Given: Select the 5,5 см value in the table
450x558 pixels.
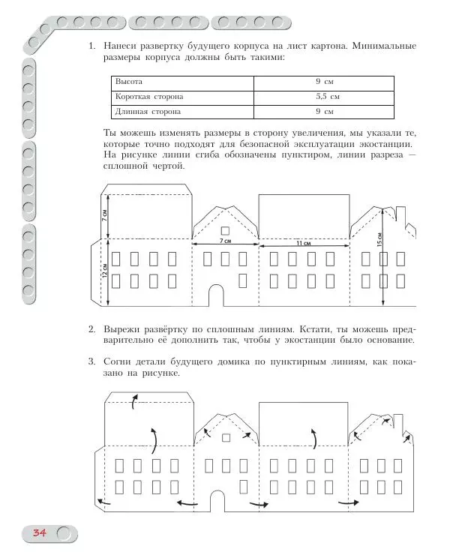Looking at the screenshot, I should pyautogui.click(x=328, y=97).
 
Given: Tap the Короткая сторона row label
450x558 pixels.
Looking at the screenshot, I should pyautogui.click(x=148, y=97).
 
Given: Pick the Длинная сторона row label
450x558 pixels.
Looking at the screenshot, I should pyautogui.click(x=147, y=112).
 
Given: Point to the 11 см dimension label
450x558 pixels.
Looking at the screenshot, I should pyautogui.click(x=303, y=244).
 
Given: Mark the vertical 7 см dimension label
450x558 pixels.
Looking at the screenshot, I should pyautogui.click(x=106, y=214).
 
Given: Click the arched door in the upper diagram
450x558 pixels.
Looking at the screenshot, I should pyautogui.click(x=215, y=295).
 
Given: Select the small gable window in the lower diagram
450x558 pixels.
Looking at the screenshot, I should pyautogui.click(x=224, y=436).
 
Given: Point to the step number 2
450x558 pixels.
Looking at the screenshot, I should pyautogui.click(x=91, y=329).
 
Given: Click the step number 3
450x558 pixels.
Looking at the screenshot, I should pyautogui.click(x=91, y=361).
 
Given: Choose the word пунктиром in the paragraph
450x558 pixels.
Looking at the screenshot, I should pyautogui.click(x=292, y=155).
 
